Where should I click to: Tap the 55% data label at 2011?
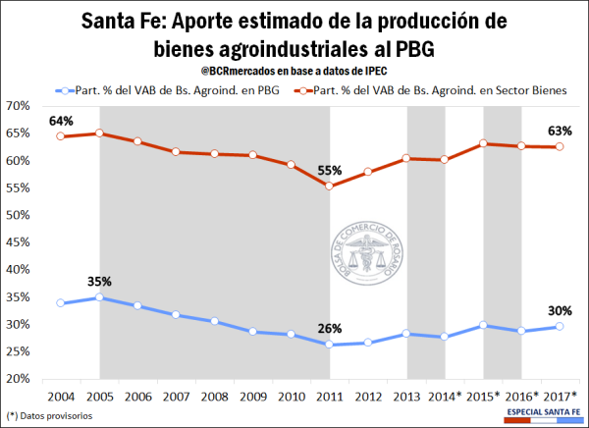(x=329, y=170)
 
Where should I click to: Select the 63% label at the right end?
(x=561, y=131)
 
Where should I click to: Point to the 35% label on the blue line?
(x=100, y=281)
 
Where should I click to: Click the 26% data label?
(x=329, y=328)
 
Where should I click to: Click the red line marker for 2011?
(x=329, y=186)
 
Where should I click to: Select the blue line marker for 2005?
(x=100, y=297)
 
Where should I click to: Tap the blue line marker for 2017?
(x=560, y=327)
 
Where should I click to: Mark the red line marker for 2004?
(x=62, y=136)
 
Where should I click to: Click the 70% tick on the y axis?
(x=17, y=106)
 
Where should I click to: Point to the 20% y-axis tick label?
(x=17, y=380)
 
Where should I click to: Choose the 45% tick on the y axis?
(x=17, y=242)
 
